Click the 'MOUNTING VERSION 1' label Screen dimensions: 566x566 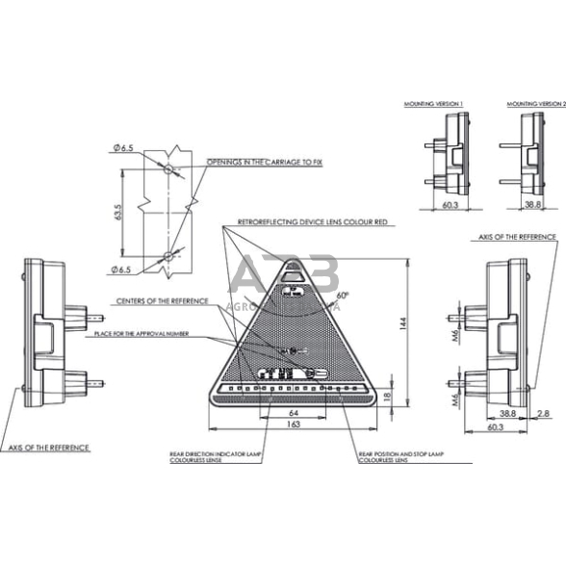(436, 102)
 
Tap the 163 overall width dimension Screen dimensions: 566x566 (294, 424)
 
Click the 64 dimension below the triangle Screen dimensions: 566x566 (294, 413)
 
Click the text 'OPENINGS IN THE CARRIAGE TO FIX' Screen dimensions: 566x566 (265, 164)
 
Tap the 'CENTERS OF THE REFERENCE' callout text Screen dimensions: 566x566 (162, 301)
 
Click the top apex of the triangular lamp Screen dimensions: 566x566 (293, 259)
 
